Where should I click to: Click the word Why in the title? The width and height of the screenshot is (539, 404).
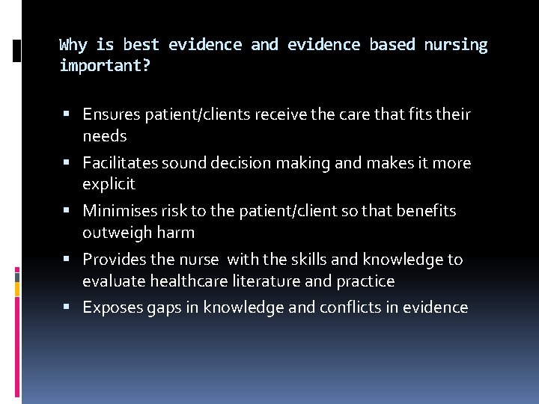point(73,45)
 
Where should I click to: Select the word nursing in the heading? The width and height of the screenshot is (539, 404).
point(455,45)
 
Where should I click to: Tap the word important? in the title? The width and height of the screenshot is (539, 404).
point(105,67)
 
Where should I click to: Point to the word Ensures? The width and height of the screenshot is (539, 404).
point(112,114)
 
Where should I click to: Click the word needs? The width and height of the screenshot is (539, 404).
point(105,136)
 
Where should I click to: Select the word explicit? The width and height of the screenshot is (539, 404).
point(109,184)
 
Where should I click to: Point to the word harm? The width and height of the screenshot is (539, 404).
point(177,233)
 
